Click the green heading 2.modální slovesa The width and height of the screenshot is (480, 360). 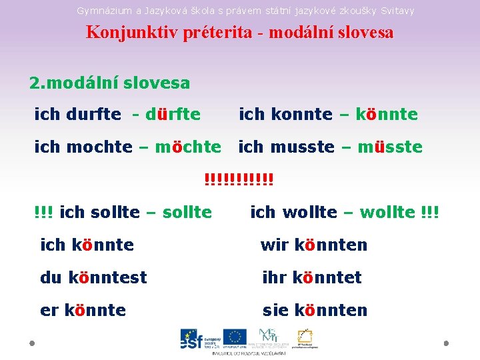[x=109, y=83]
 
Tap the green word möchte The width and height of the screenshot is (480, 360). [x=187, y=147]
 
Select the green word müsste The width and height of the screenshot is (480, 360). [x=390, y=147]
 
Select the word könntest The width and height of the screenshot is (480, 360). [x=107, y=277]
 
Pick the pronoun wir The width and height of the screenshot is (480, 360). [x=273, y=245]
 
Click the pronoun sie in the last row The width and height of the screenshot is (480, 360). [x=275, y=310]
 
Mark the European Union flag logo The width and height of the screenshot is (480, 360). [x=235, y=338]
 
